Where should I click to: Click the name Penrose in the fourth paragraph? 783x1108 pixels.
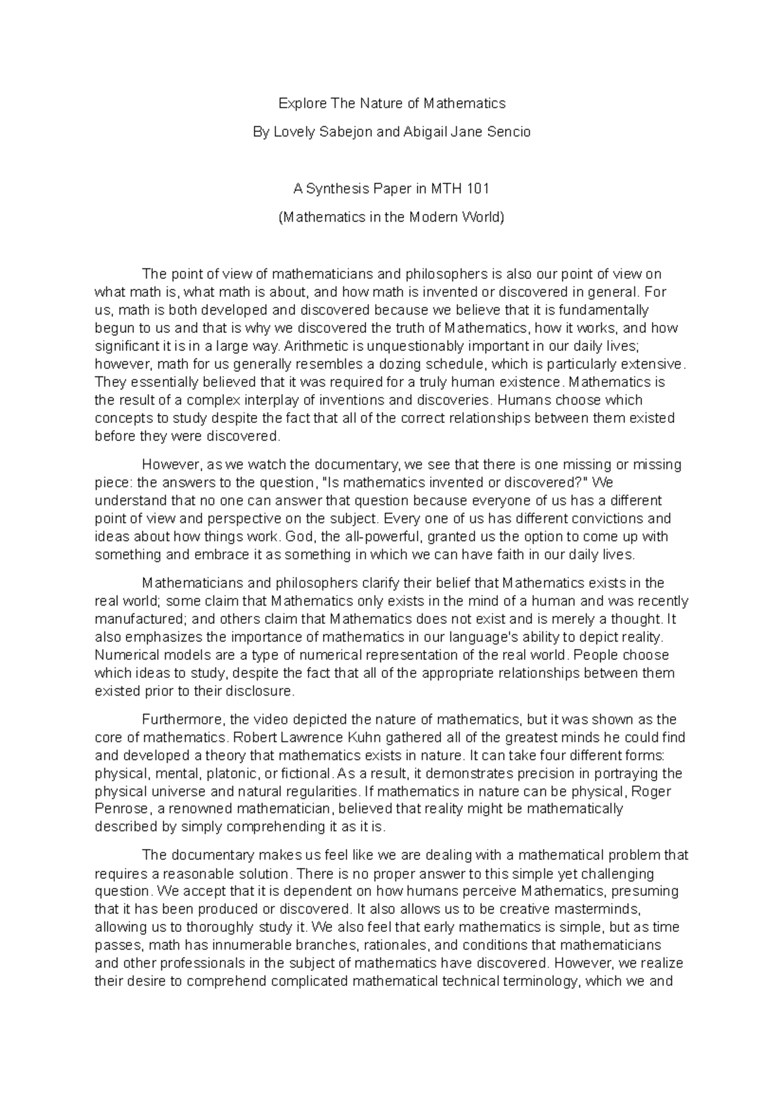[119, 810]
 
